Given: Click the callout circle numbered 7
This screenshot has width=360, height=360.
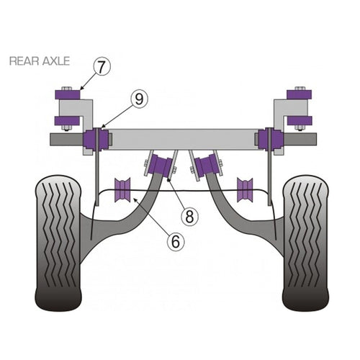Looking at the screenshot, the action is [101, 67].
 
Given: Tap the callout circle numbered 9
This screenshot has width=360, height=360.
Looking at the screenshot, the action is [139, 99].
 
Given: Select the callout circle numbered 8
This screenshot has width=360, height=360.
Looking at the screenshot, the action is [189, 217].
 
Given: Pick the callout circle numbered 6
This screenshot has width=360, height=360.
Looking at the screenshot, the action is [176, 242].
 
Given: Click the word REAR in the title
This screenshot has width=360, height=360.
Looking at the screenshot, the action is [24, 61].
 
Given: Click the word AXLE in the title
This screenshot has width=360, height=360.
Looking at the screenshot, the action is [56, 61].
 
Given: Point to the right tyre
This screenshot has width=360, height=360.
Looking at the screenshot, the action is [306, 243].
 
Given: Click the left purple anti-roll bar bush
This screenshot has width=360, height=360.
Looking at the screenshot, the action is [122, 190].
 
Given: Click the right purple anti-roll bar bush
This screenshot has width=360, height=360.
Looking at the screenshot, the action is [245, 190].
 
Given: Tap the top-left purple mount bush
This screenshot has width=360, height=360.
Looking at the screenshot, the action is [68, 94].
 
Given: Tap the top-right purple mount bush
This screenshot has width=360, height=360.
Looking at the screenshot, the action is [300, 94].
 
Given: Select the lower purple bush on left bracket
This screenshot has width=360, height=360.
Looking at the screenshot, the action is [68, 121].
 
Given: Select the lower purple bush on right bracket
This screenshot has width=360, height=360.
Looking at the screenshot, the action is [300, 121].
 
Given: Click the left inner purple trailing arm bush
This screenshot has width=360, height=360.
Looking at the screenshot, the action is [161, 164].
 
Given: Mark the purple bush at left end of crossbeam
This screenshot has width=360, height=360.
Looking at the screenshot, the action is [96, 140].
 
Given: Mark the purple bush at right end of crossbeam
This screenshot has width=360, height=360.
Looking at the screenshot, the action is [271, 140].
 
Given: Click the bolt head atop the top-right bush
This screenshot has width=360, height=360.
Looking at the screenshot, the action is [300, 89].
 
